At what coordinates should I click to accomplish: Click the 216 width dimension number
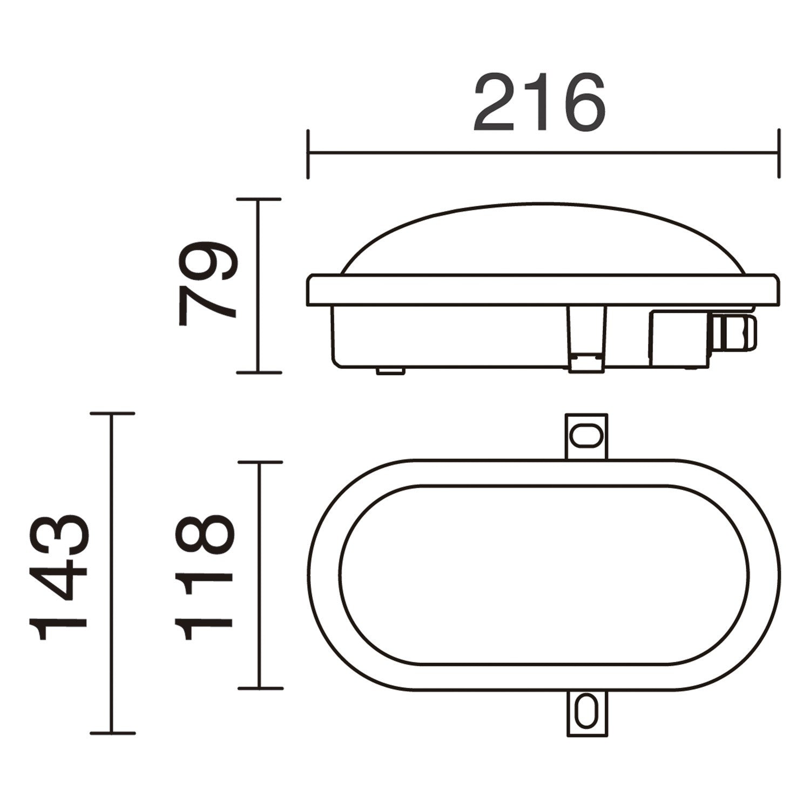[x=539, y=103]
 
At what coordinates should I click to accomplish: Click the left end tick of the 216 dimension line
[x=308, y=154]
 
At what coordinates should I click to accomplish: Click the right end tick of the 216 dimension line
[x=778, y=154]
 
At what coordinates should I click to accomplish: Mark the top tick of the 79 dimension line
[x=259, y=199]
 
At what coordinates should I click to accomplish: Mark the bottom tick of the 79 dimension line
[x=259, y=372]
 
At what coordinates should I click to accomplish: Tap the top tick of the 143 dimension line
[x=112, y=414]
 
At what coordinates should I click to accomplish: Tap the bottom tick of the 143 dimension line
[x=112, y=733]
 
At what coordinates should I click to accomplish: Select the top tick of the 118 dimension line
[x=260, y=462]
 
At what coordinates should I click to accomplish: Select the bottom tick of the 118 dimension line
[x=260, y=688]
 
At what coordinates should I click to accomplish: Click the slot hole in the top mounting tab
[x=586, y=435]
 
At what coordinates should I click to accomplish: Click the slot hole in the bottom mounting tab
[x=586, y=712]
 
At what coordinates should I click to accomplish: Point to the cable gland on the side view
[x=734, y=332]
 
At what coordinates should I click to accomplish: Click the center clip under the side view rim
[x=586, y=337]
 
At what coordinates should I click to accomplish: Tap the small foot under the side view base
[x=390, y=370]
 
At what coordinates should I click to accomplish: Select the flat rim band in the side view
[x=543, y=289]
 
